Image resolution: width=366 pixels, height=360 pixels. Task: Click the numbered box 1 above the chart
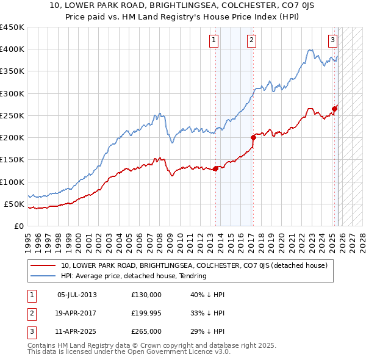click(x=215, y=41)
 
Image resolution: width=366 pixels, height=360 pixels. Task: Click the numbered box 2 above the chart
click(x=251, y=41)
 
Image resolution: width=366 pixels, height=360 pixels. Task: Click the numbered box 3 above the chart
click(x=332, y=41)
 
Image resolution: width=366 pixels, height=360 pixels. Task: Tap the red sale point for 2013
click(x=215, y=168)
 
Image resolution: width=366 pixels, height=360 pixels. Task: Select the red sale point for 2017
click(x=253, y=137)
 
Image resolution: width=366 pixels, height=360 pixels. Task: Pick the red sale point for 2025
click(x=334, y=109)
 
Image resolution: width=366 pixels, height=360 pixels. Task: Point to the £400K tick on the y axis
click(x=12, y=49)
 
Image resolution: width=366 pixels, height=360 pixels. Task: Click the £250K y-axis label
click(x=12, y=115)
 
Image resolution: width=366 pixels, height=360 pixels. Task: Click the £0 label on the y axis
click(x=19, y=226)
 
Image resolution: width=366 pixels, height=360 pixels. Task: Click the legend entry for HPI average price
click(x=134, y=276)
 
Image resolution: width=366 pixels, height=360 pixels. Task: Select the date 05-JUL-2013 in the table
click(x=77, y=295)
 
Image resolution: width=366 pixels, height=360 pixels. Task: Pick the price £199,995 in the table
click(x=146, y=313)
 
